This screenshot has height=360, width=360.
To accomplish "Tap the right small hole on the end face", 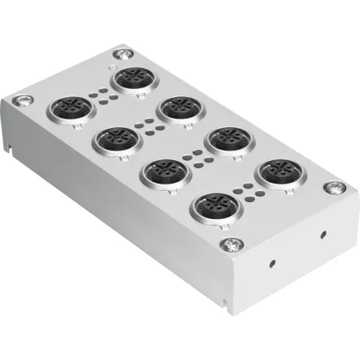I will pyautogui.click(x=323, y=236).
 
